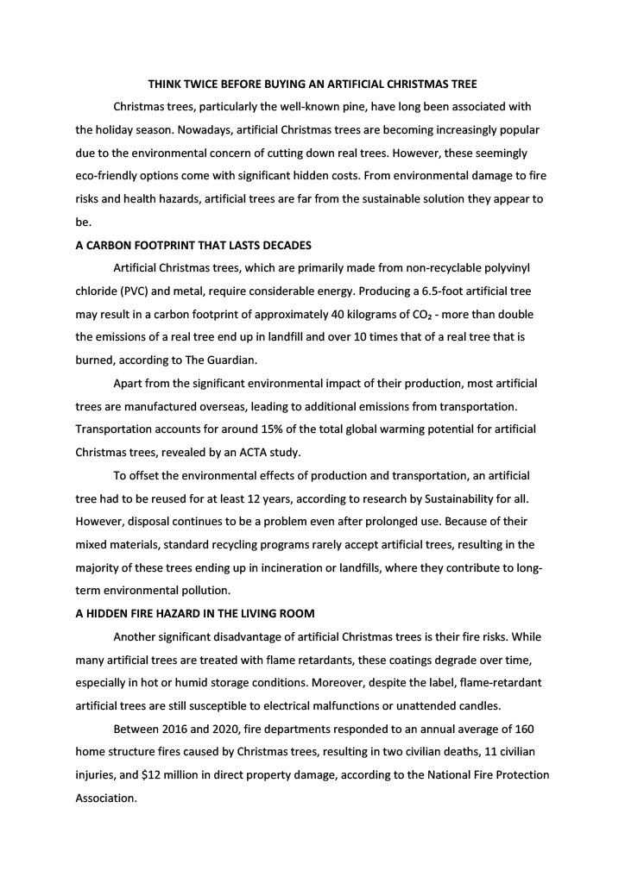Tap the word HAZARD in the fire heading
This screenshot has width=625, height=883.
tap(183, 613)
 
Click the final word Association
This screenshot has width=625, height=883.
tap(106, 798)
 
